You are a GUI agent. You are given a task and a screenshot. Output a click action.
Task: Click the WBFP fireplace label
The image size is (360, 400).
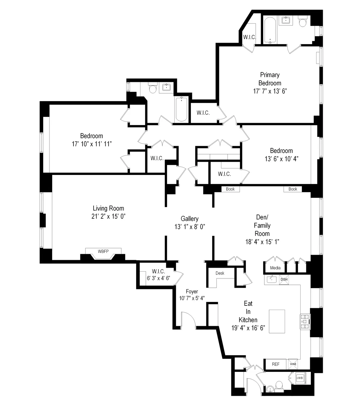(x=103, y=251)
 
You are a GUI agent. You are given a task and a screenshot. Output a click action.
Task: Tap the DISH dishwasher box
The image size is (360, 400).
(x=284, y=279)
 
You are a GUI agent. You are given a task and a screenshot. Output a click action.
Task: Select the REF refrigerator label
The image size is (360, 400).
(x=275, y=364)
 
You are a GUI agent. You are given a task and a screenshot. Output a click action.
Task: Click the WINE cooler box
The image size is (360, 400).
(x=293, y=364)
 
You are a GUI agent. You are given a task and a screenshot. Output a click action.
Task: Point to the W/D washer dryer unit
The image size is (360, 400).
(x=300, y=378)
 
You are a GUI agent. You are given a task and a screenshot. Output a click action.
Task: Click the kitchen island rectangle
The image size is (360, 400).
(x=277, y=321)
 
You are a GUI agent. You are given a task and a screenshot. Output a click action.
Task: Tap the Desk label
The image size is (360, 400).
(x=220, y=273)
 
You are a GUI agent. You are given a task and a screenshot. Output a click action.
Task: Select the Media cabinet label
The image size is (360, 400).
(x=275, y=268)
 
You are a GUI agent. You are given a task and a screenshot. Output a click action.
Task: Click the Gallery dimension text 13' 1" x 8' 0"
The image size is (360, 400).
(x=190, y=227)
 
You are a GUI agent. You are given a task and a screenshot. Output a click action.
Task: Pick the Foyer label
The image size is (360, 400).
(x=192, y=291)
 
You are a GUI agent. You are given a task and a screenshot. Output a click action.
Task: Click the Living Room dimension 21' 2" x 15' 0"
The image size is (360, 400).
(x=108, y=216)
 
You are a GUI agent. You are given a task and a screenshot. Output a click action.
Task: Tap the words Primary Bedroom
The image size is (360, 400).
(x=270, y=79)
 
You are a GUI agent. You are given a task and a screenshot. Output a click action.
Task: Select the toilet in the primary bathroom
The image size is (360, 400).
(x=302, y=22)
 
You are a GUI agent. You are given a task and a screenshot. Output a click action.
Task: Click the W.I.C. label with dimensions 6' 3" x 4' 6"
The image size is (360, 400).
(x=158, y=275)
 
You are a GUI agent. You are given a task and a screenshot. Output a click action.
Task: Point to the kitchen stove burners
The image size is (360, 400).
(x=305, y=321)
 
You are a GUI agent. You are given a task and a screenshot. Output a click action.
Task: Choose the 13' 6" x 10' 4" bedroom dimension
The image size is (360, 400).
(x=281, y=159)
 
